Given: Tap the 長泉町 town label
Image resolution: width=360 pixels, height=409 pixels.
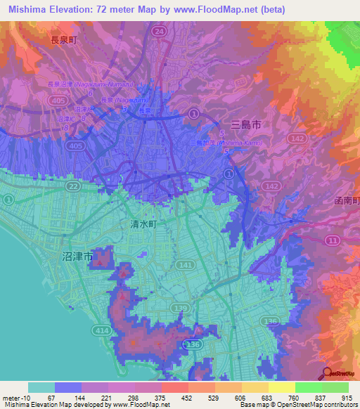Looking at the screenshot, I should [63, 41].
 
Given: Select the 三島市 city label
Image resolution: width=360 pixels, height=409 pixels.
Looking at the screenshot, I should [245, 124].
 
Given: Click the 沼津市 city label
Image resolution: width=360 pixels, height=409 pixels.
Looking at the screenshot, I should [72, 258].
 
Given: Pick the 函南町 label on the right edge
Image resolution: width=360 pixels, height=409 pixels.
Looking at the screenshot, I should [345, 202].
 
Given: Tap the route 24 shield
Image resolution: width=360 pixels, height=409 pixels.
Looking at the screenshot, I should [160, 32].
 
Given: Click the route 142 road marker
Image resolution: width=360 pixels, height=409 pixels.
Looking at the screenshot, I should [298, 140].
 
